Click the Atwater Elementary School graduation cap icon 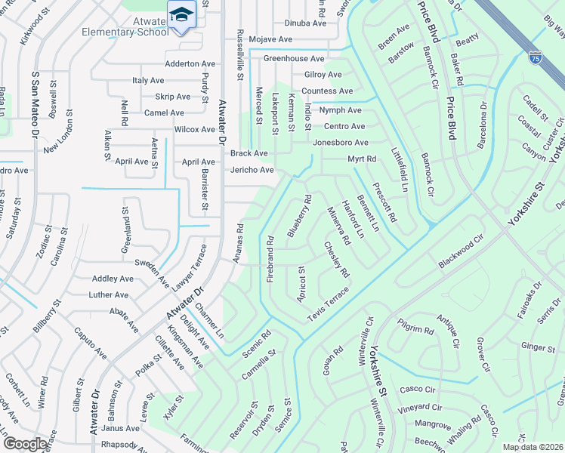[x=181, y=15]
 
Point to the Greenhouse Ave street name [x=294, y=59]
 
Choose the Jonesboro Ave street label [x=341, y=143]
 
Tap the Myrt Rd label [x=362, y=159]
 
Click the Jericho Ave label [x=252, y=171]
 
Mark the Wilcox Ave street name [x=195, y=130]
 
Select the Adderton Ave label [x=190, y=64]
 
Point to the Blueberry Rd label [x=300, y=217]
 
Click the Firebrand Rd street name [x=270, y=259]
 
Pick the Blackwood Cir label [x=460, y=254]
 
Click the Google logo [x=26, y=443]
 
